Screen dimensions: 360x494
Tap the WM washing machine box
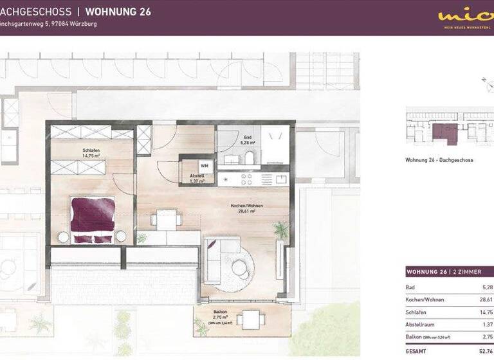[204, 165]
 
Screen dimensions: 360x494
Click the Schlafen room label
[91, 152]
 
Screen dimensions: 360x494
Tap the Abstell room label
[197, 178]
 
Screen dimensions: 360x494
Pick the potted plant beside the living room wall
[280, 230]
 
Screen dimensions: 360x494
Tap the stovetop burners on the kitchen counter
[246, 179]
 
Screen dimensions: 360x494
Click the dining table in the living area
[167, 221]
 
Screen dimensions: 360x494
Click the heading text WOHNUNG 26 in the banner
[118, 12]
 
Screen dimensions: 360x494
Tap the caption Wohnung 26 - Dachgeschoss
[439, 160]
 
